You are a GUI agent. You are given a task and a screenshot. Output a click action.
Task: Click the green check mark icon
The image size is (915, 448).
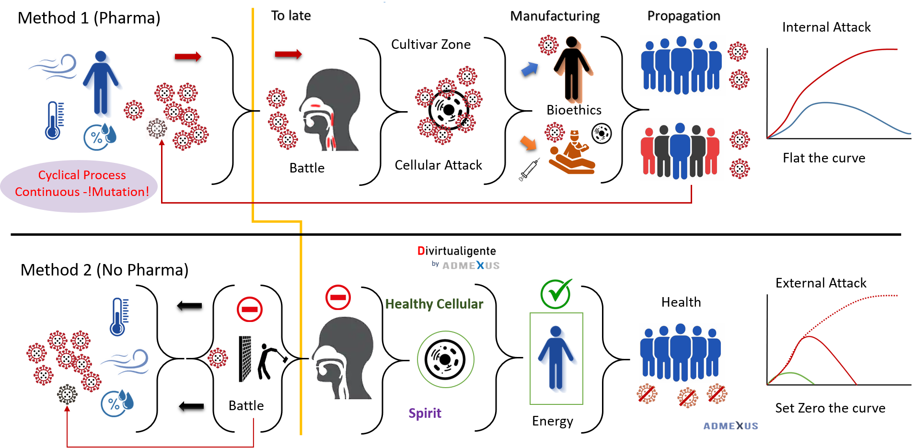556,293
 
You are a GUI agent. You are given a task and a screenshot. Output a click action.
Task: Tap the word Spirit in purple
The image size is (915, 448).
425,413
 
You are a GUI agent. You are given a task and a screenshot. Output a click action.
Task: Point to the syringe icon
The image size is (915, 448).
529,170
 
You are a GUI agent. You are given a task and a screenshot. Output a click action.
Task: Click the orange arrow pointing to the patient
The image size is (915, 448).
528,142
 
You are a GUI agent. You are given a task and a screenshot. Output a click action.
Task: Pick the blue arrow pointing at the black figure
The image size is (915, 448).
530,69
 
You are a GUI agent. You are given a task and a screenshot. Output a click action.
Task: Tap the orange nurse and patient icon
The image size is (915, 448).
571,152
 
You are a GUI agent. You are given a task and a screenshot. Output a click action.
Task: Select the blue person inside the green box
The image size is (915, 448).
556,358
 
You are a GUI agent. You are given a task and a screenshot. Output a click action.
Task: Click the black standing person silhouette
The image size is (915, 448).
572,69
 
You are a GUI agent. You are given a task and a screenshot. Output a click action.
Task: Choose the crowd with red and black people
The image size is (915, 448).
680,151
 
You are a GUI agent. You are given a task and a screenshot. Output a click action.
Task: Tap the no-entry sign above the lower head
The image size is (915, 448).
338,297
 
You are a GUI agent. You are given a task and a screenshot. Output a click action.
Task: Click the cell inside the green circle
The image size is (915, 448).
445,359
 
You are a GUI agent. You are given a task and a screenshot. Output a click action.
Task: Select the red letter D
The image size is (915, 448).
421,251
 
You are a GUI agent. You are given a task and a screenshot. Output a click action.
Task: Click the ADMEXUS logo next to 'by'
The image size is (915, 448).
471,265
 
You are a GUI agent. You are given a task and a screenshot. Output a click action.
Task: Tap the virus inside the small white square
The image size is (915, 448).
157,128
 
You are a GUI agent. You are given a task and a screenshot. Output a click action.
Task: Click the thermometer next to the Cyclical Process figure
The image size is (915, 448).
54,120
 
